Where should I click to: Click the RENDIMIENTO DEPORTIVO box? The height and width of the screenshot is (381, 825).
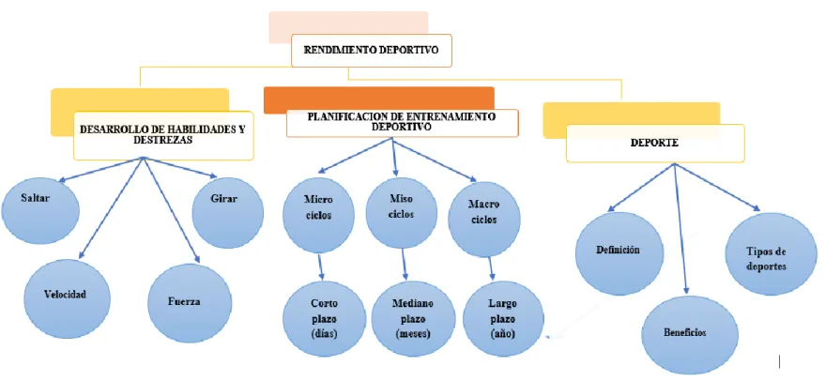[372, 51]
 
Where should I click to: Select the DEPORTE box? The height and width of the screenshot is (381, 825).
[655, 144]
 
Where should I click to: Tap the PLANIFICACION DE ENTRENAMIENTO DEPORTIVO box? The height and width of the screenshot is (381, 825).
[403, 123]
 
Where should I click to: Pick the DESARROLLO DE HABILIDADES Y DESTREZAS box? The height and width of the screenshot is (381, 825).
[163, 135]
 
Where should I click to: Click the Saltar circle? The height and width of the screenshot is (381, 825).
[40, 211]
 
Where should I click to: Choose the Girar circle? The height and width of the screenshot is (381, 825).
[228, 213]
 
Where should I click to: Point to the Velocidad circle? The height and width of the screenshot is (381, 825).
[68, 298]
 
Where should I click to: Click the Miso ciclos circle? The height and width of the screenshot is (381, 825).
[402, 213]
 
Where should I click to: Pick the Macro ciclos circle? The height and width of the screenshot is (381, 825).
[484, 220]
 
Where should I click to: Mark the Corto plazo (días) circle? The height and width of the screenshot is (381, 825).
[324, 319]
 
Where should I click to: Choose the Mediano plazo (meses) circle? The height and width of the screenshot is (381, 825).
[413, 320]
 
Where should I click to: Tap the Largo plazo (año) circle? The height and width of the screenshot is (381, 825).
[503, 319]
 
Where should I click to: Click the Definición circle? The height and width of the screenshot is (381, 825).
[619, 253]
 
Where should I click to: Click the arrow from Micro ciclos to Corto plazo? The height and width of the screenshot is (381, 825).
[320, 267]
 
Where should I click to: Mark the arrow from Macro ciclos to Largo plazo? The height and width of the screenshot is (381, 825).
[492, 269]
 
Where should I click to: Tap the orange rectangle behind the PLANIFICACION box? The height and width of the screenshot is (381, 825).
[379, 100]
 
